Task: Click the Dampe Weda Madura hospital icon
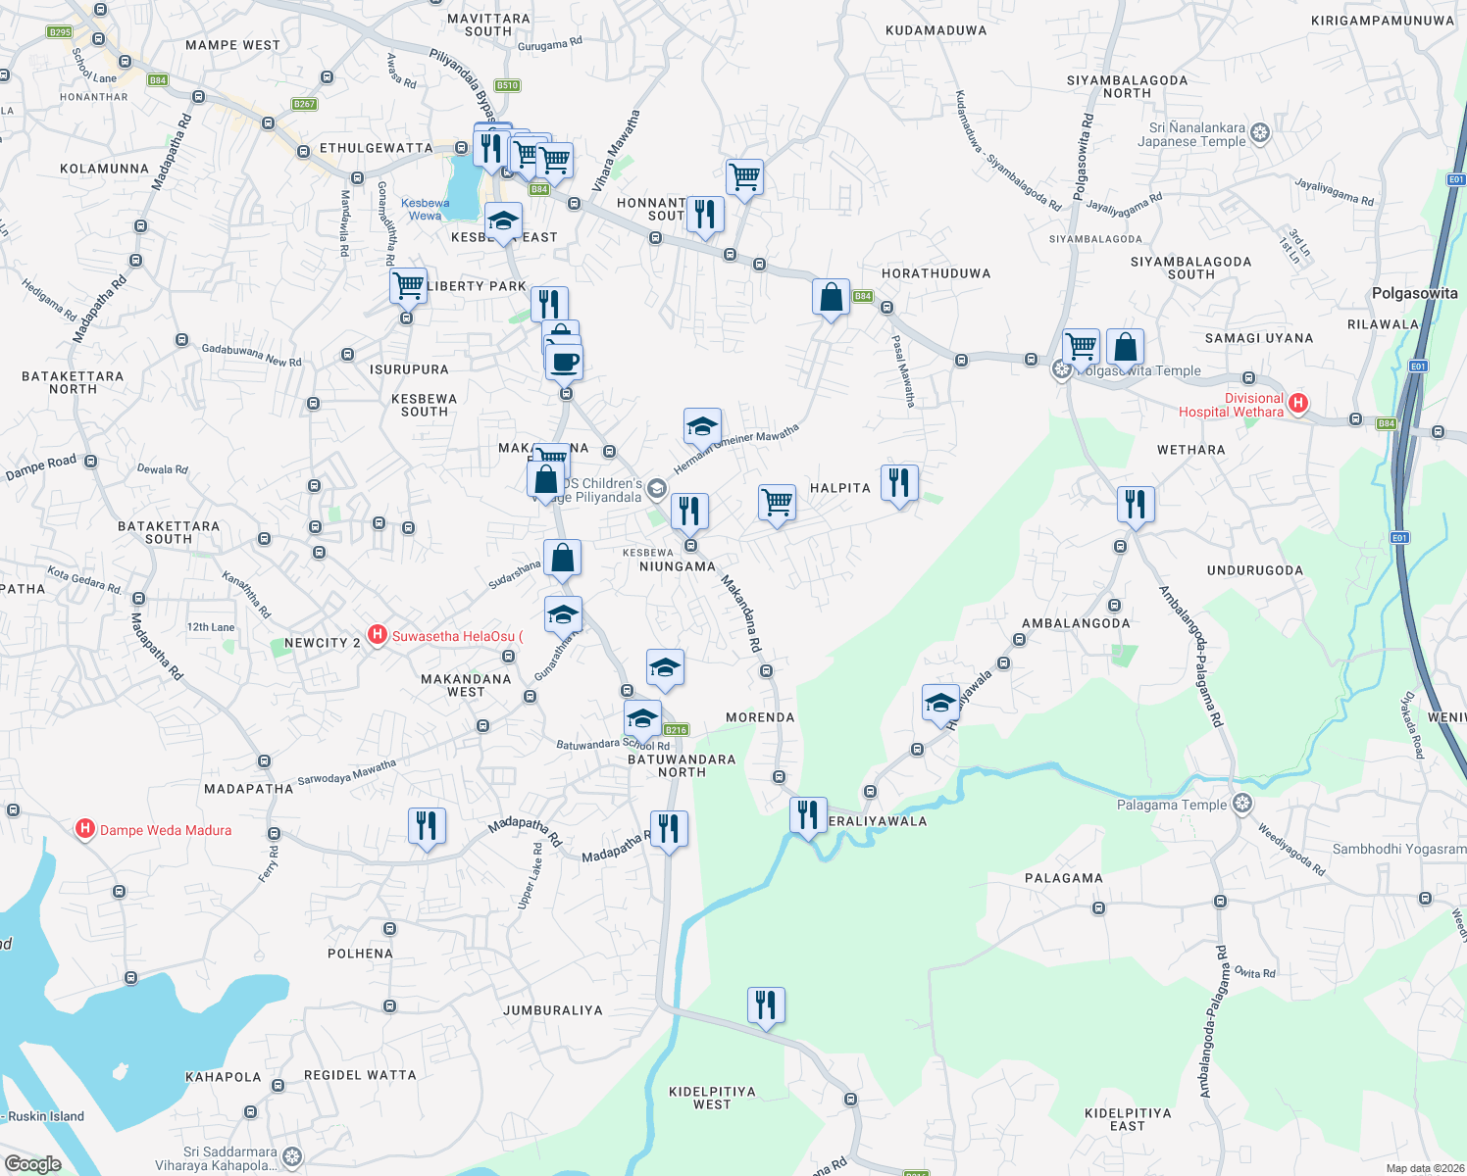click(x=85, y=830)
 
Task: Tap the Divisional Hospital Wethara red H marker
click(x=1298, y=403)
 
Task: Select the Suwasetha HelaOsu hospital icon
click(x=378, y=636)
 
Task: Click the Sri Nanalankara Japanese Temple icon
click(x=1260, y=133)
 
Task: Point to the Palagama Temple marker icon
click(x=1242, y=805)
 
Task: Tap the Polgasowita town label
click(x=1414, y=293)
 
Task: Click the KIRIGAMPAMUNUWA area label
click(x=1382, y=21)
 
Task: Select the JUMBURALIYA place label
click(x=552, y=1010)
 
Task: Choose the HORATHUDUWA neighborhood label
click(x=936, y=273)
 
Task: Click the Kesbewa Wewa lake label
click(x=426, y=209)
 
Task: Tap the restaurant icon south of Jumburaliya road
click(x=766, y=1005)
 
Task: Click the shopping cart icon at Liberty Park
click(x=408, y=286)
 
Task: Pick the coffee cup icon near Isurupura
click(x=565, y=362)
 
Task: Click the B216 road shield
click(x=676, y=729)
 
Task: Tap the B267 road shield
click(x=304, y=104)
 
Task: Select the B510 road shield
click(x=507, y=85)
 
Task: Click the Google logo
click(x=33, y=1163)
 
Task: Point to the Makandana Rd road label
click(x=741, y=613)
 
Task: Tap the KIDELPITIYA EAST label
click(x=1128, y=1119)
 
